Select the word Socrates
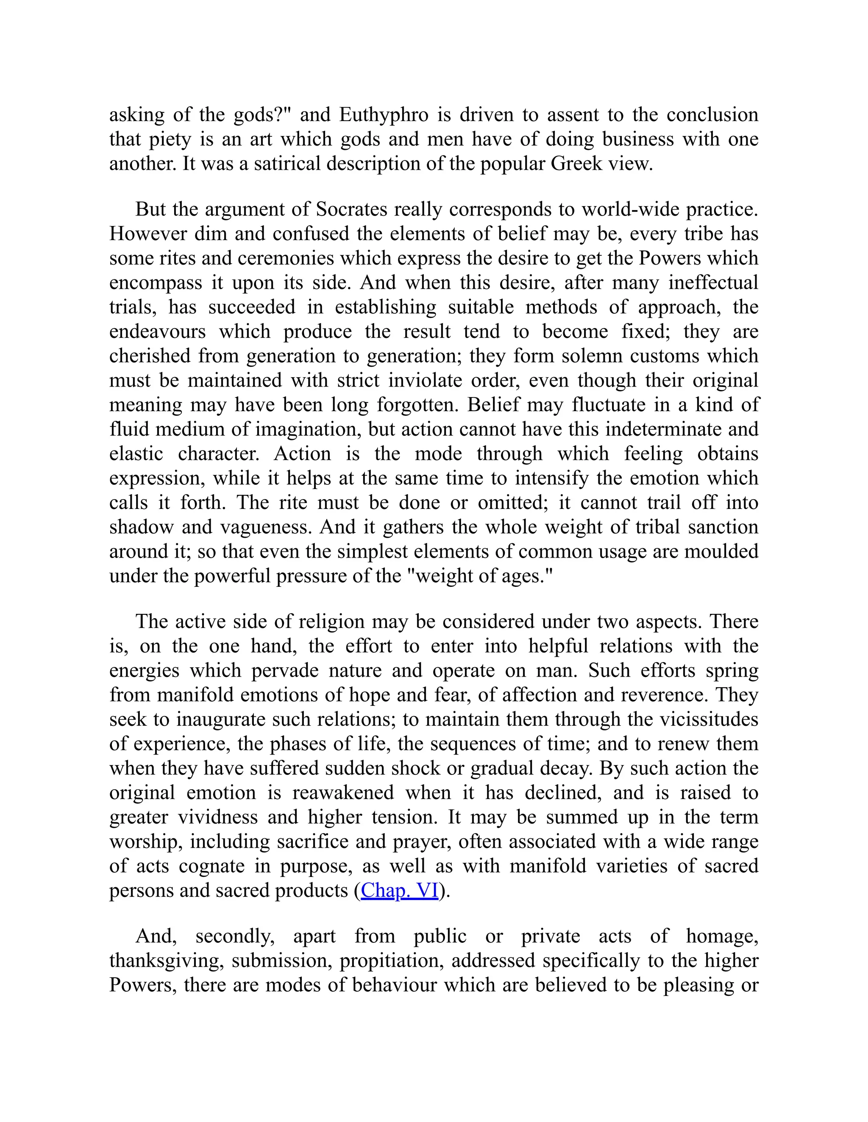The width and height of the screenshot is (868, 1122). point(351,210)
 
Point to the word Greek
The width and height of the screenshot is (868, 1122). point(576,164)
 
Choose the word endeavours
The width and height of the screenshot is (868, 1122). point(157,332)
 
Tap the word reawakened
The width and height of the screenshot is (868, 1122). point(343,793)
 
